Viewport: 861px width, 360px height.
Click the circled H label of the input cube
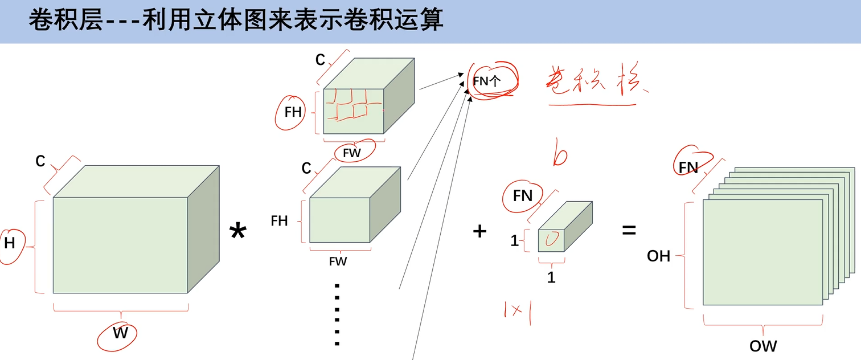click(10, 243)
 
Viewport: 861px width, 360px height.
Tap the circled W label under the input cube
click(120, 332)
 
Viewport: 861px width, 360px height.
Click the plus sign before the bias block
click(480, 231)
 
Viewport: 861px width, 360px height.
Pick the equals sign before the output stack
click(629, 231)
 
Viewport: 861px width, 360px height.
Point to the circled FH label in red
click(293, 112)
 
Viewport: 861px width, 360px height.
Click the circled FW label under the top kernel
click(352, 153)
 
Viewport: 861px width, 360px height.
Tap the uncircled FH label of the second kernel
click(280, 221)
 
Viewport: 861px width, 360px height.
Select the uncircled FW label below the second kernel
click(338, 261)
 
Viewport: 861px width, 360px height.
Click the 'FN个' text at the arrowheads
click(487, 81)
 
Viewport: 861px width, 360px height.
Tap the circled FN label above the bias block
click(522, 196)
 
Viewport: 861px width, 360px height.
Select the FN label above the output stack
click(689, 167)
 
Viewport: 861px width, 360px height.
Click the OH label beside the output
click(659, 256)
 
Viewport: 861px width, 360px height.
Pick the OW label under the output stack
click(763, 345)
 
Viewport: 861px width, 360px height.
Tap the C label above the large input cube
click(40, 162)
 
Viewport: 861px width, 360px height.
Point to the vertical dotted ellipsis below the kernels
click(337, 314)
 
